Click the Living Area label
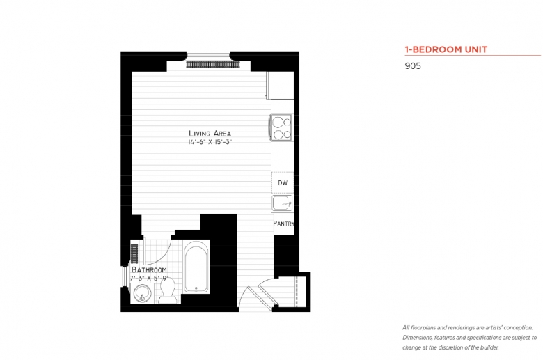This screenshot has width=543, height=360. pos(210,133)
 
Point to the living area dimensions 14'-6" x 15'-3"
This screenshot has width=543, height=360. pos(210,143)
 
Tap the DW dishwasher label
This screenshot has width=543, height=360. pos(282,182)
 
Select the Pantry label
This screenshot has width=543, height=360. pos(283,224)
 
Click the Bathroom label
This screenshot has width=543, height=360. pos(149,269)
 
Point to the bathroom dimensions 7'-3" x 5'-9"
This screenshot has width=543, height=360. pos(149,278)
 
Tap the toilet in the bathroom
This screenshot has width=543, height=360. pos(167,295)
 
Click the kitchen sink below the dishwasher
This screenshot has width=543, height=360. pos(281,203)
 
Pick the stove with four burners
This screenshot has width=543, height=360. pos(281,127)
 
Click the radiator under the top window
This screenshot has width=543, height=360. pos(213,65)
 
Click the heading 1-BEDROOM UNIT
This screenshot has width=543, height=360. pos(446,49)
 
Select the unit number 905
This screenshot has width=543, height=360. pos(413,67)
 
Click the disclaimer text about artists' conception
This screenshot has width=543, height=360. pos(469,337)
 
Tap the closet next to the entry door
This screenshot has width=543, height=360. pos(292,290)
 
